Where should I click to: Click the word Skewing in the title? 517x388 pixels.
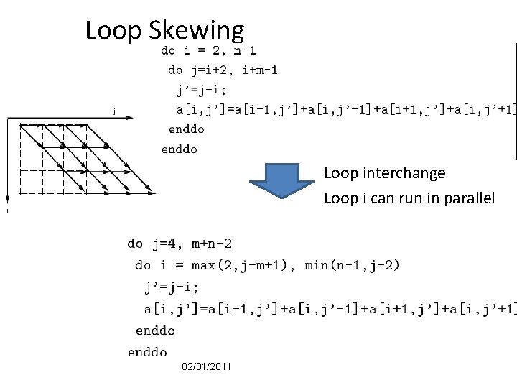[x=197, y=31]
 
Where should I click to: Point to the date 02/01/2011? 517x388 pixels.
[x=207, y=367]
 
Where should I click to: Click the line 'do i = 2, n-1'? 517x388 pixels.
[x=208, y=50]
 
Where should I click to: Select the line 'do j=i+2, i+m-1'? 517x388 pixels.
[x=223, y=70]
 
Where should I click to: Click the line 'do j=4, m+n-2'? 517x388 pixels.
[x=180, y=244]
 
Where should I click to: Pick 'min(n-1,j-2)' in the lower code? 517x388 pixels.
[x=352, y=265]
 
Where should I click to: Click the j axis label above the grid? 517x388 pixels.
[x=115, y=111]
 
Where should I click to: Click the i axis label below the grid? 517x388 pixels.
[x=8, y=211]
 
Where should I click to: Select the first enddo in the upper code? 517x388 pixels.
[x=186, y=129]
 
